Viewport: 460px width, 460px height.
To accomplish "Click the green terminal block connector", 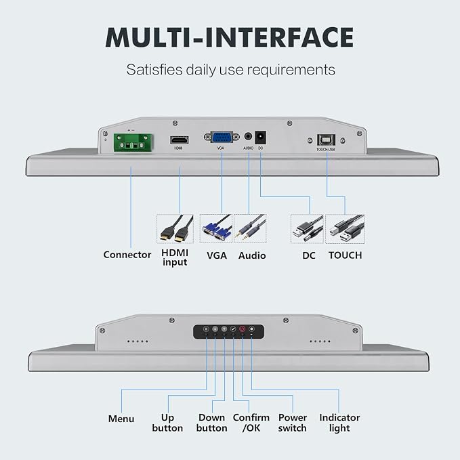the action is pos(133,142).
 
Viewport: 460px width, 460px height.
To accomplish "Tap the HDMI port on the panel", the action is pos(180,140).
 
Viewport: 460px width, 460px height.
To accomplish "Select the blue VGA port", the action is pos(222,137).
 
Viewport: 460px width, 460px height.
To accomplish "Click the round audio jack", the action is pos(248,136).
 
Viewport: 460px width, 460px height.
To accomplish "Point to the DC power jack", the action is pos(261,137).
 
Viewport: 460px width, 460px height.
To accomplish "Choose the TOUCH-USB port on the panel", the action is pos(326,140).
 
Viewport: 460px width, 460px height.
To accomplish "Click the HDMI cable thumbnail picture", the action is pos(175,229).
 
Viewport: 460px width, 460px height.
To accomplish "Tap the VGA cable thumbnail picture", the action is pos(216,228).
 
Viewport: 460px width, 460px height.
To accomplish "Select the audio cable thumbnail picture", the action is pos(250,228).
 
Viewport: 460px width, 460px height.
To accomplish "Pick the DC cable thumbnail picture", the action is pos(307,229).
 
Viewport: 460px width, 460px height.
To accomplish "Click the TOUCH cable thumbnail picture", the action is pos(345,229).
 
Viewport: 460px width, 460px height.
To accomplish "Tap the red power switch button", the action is pos(243,329).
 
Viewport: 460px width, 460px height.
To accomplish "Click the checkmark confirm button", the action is pos(233,329).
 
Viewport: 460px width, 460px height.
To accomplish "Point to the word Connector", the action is pos(127,255).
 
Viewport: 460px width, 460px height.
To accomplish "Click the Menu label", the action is pos(121,419).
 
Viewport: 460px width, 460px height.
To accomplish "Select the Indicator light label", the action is pos(339,423).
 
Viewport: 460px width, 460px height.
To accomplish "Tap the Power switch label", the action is pos(293,423).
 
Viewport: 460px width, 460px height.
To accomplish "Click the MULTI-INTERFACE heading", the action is pos(230,37).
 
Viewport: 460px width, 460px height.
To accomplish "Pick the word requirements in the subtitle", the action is pos(291,70).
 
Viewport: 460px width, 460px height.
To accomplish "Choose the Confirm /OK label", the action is pos(251,423).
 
